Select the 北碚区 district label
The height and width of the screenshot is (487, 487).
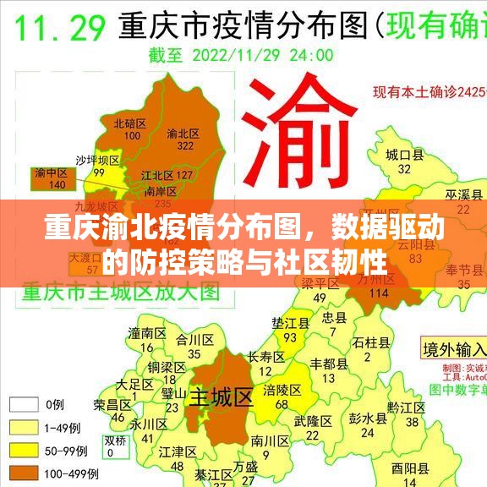[130, 123]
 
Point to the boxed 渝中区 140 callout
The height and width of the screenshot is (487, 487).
[50, 178]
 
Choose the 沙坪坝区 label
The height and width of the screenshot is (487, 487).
[97, 160]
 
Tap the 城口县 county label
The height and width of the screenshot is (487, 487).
[404, 155]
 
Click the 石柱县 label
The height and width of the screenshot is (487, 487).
[371, 342]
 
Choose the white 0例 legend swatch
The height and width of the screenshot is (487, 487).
[25, 404]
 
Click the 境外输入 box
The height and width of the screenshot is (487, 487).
[454, 348]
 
